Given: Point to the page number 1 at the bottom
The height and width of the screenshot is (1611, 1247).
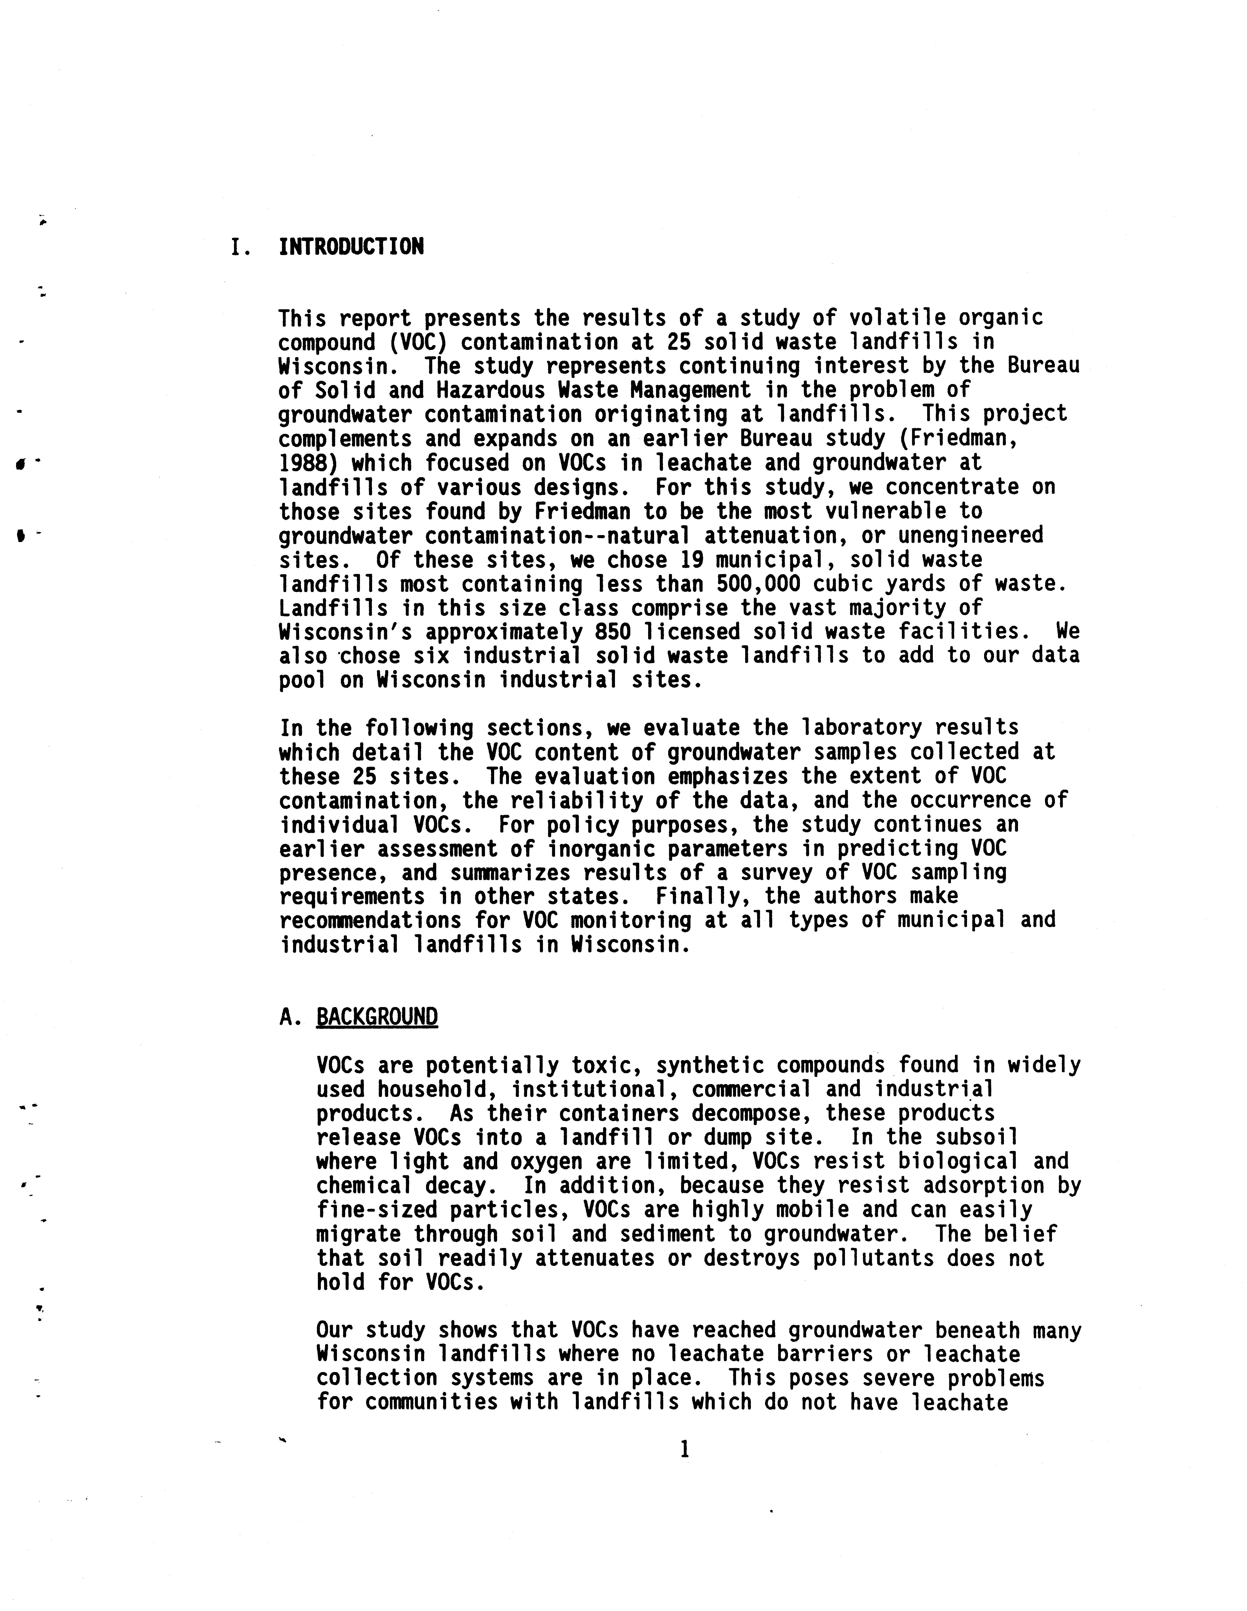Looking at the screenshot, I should click(684, 1450).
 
